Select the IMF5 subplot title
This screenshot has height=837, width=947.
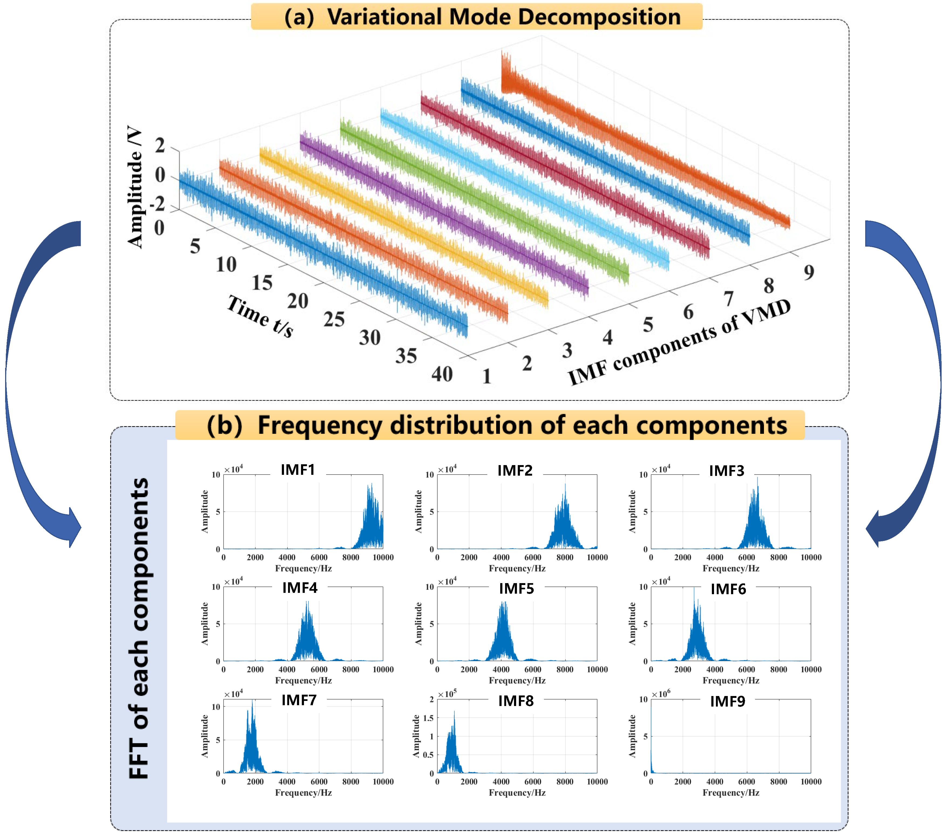point(516,589)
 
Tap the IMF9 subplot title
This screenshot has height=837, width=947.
point(728,701)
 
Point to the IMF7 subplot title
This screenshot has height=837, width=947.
point(299,700)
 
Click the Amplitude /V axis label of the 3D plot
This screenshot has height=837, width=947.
point(135,186)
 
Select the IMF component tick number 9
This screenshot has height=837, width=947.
point(809,272)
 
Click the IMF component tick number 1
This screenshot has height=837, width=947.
point(486,376)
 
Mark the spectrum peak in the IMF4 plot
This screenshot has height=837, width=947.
point(307,603)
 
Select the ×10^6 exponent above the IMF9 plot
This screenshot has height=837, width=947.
point(661,694)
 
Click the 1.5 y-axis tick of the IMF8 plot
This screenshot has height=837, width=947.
point(429,718)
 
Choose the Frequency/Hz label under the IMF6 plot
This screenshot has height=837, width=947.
point(731,680)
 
